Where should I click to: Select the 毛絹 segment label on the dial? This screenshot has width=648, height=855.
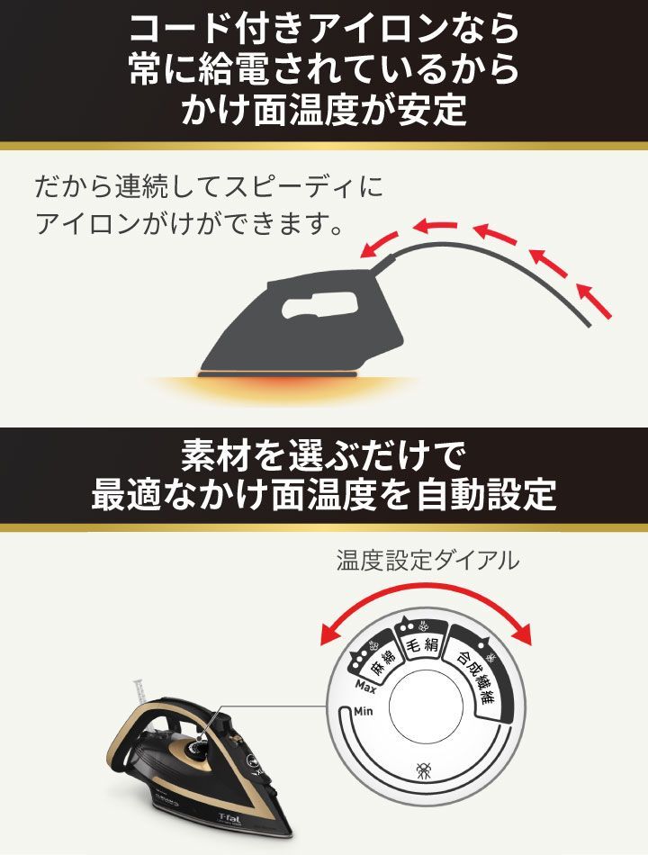422,646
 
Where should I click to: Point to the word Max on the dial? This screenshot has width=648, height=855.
365,689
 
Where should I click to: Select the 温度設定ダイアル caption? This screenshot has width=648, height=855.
427,561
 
